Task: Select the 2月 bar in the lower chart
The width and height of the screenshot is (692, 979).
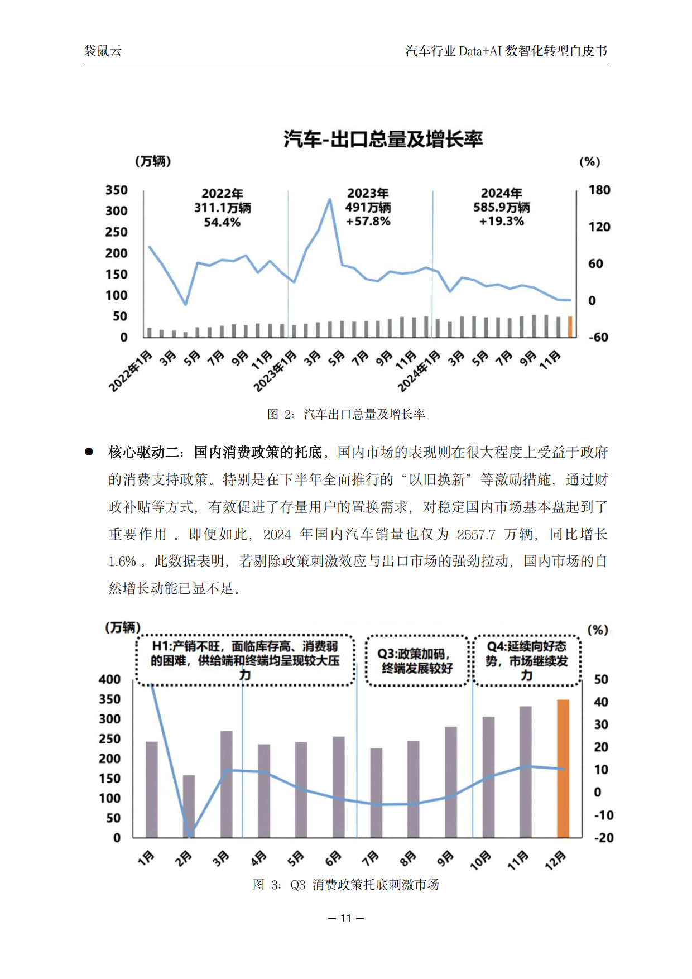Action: pyautogui.click(x=189, y=805)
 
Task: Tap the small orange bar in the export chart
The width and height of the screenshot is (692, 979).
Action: pyautogui.click(x=570, y=327)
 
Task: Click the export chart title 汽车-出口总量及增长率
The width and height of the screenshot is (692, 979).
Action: pyautogui.click(x=383, y=139)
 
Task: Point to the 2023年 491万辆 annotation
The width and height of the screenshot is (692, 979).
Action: pyautogui.click(x=368, y=207)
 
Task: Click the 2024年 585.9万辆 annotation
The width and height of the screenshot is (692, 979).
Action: pyautogui.click(x=502, y=207)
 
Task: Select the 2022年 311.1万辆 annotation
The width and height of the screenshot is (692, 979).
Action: pyautogui.click(x=222, y=208)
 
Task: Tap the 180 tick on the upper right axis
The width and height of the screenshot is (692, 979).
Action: pyautogui.click(x=599, y=190)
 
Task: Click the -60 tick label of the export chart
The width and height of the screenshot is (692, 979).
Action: pyautogui.click(x=598, y=337)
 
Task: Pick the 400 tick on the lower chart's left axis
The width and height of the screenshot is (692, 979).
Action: pyautogui.click(x=109, y=679)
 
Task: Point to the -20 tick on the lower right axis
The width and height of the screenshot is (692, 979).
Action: pyautogui.click(x=603, y=838)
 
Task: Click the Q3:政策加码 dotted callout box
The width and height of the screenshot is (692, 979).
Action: pyautogui.click(x=417, y=661)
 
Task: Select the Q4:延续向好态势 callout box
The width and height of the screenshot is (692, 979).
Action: pyautogui.click(x=527, y=661)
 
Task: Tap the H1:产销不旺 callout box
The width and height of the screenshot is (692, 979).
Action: pyautogui.click(x=245, y=660)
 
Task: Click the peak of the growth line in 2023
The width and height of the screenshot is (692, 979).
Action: pyautogui.click(x=330, y=199)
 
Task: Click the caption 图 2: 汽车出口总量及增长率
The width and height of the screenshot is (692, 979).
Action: pyautogui.click(x=346, y=414)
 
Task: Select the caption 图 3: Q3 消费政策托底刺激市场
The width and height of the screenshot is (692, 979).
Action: pyautogui.click(x=346, y=885)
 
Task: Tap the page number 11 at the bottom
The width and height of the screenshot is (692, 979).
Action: pyautogui.click(x=346, y=918)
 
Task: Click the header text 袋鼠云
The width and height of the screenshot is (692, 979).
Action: pyautogui.click(x=103, y=51)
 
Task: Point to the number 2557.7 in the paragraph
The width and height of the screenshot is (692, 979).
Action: pyautogui.click(x=476, y=535)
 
